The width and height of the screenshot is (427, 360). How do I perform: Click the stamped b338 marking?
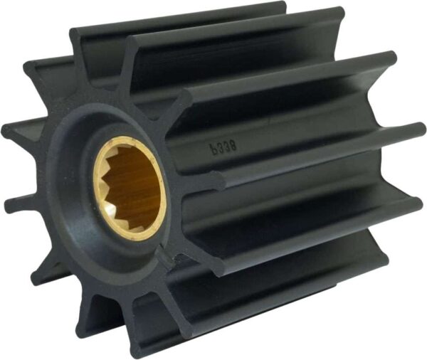(222, 149)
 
